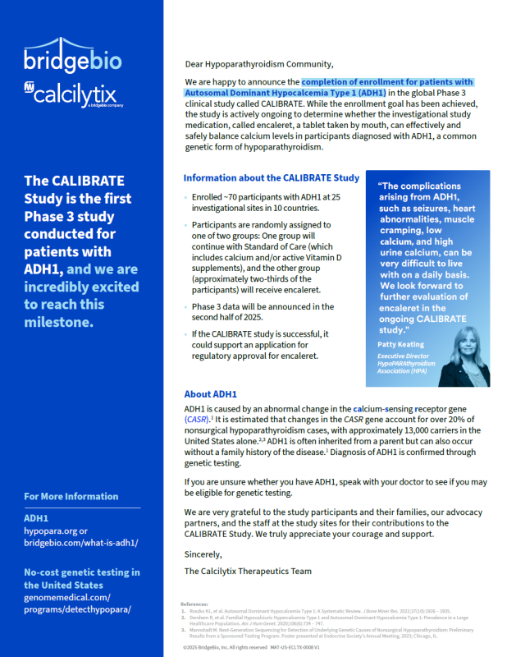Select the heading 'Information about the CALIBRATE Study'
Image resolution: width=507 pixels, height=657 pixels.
coord(271,178)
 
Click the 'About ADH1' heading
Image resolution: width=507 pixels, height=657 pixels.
coord(210,393)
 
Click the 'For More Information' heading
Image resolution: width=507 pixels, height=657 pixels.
coord(71,496)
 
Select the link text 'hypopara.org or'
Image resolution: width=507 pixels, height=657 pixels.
coord(55,531)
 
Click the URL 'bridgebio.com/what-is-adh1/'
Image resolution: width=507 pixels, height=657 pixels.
coord(80,543)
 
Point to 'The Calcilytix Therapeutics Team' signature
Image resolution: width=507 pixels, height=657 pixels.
coord(248,571)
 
